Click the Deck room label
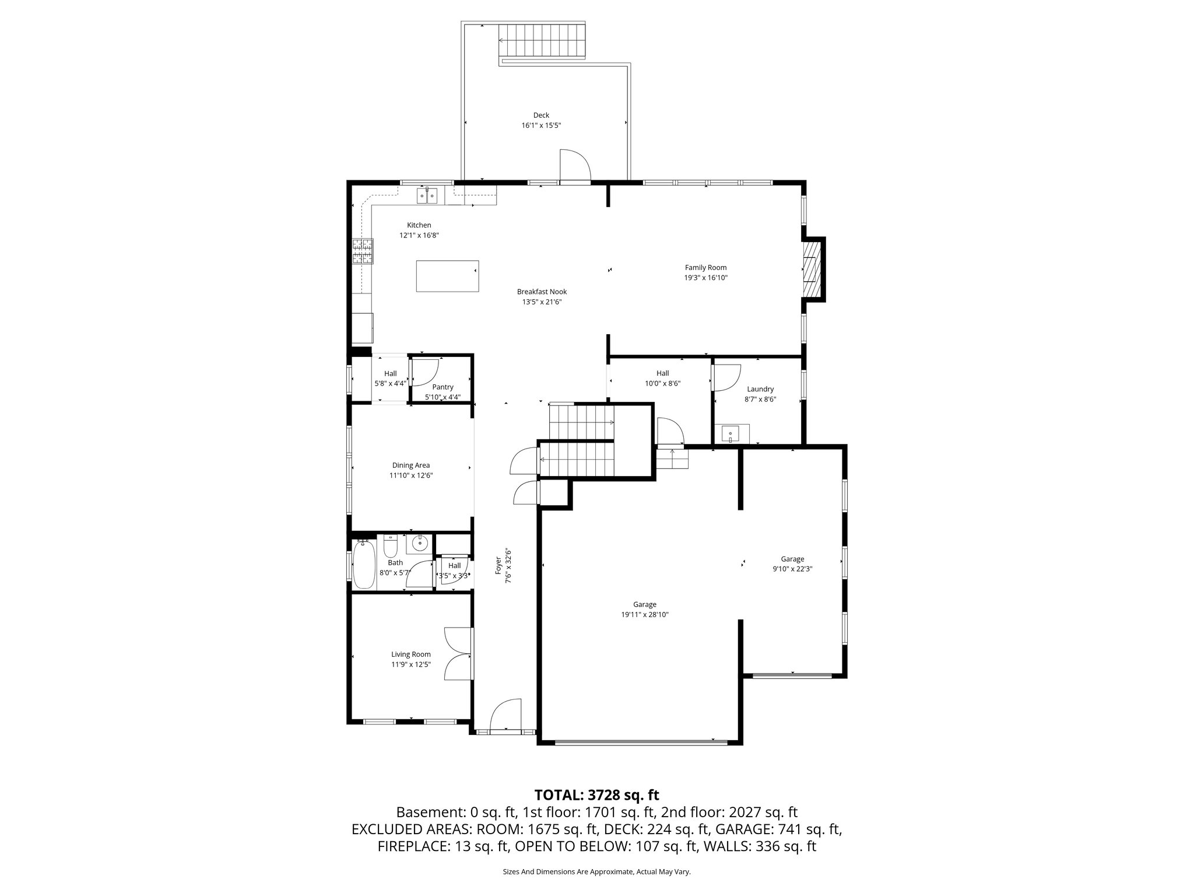(541, 116)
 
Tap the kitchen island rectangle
(447, 276)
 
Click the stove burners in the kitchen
(362, 253)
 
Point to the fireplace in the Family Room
(812, 269)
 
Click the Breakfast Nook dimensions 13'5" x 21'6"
(542, 302)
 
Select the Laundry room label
(760, 389)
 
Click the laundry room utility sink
(730, 434)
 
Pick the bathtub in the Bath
(364, 564)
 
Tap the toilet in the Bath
(390, 546)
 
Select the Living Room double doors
(458, 653)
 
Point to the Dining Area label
(411, 466)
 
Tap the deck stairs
(542, 41)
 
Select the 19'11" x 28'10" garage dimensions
(644, 615)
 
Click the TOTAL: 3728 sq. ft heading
(596, 794)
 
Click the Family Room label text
(705, 268)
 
